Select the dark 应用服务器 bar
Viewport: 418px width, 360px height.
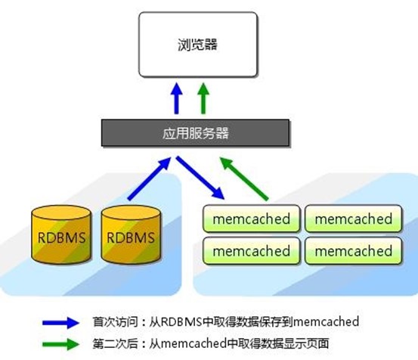click(196, 134)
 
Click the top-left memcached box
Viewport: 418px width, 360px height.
click(251, 219)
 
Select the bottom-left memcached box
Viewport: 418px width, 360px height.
click(251, 250)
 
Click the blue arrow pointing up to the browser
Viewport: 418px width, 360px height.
click(176, 98)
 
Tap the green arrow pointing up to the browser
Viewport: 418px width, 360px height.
click(203, 98)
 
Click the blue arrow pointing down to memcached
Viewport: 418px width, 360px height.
click(200, 178)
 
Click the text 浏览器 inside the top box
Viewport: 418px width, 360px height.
click(196, 45)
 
